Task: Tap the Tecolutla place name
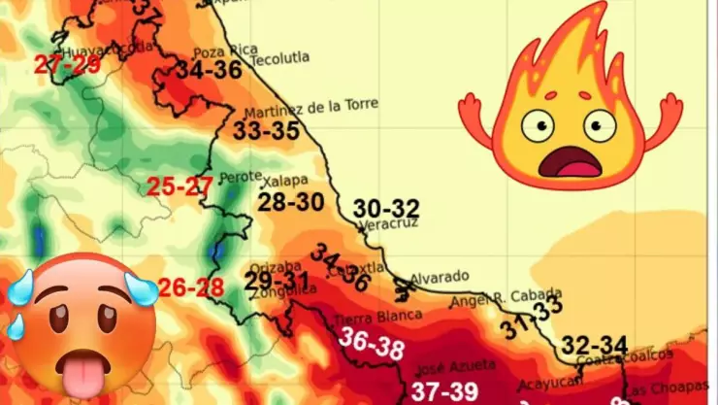point(280,57)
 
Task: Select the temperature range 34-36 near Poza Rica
point(209,70)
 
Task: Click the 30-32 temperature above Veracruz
point(386,208)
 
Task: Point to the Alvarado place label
point(440,277)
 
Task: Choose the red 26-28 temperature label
point(191,287)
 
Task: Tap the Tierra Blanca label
point(377,316)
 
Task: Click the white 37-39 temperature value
point(444,390)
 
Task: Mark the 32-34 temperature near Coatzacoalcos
point(595,345)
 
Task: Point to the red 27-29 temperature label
point(67,65)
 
